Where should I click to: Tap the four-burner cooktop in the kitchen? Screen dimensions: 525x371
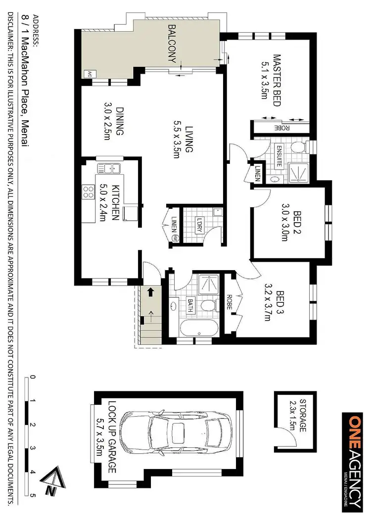[89, 191]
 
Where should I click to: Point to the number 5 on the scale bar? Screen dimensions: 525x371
[33, 494]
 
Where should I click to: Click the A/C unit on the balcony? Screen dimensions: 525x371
[90, 74]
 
